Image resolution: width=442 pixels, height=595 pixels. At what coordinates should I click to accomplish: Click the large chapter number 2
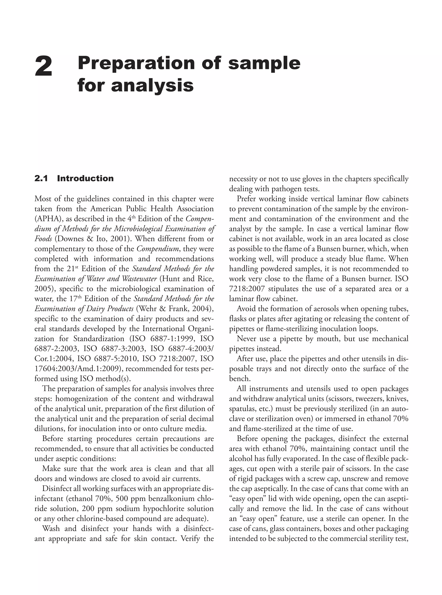click(43, 66)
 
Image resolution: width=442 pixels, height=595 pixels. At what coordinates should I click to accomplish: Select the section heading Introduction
click(85, 179)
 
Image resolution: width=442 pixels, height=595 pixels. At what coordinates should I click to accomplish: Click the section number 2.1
click(41, 179)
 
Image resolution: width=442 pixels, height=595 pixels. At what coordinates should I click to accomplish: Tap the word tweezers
click(369, 399)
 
